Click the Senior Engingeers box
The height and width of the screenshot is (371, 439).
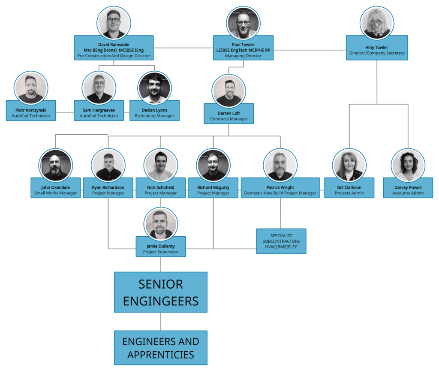161,292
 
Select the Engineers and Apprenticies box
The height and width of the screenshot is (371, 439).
161,348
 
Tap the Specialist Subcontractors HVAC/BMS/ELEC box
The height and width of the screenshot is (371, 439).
281,241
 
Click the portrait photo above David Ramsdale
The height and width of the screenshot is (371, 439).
114,22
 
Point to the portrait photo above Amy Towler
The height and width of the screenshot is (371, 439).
377,22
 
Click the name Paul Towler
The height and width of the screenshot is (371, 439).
243,45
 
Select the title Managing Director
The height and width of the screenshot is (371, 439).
243,56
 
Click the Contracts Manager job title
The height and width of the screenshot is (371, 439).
229,119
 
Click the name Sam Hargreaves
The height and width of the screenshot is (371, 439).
99,110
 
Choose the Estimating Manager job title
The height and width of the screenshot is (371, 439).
154,116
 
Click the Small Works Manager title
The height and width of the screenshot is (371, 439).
55,193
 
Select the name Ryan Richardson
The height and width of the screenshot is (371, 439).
108,187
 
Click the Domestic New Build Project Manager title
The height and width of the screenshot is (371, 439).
280,193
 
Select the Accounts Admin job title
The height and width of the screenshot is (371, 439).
408,193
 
